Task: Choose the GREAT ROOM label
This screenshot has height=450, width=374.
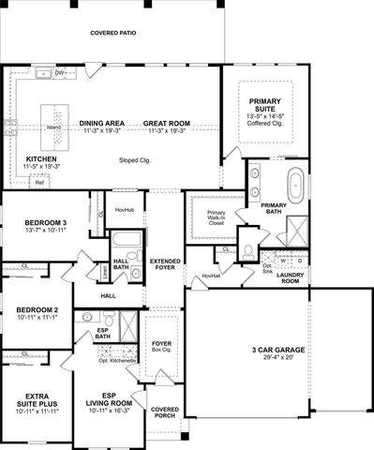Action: [169, 123]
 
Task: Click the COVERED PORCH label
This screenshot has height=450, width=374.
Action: [165, 412]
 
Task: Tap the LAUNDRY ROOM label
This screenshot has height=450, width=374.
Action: [291, 277]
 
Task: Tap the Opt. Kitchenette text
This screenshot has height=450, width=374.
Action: [118, 360]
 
